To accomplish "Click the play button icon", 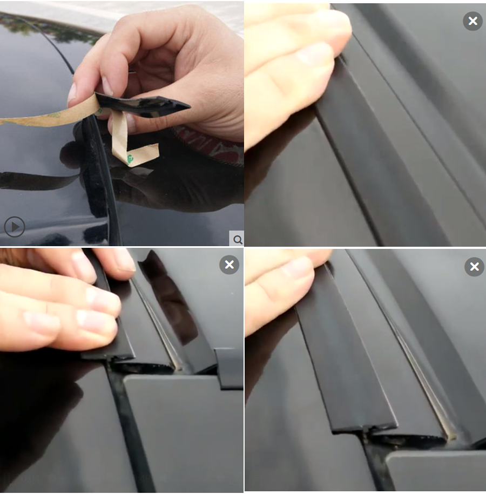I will (x=15, y=227).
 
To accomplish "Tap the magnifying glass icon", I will (x=237, y=239).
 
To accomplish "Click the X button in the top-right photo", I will (x=473, y=21).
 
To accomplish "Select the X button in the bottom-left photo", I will (x=229, y=265).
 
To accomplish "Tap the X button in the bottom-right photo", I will (x=474, y=267).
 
